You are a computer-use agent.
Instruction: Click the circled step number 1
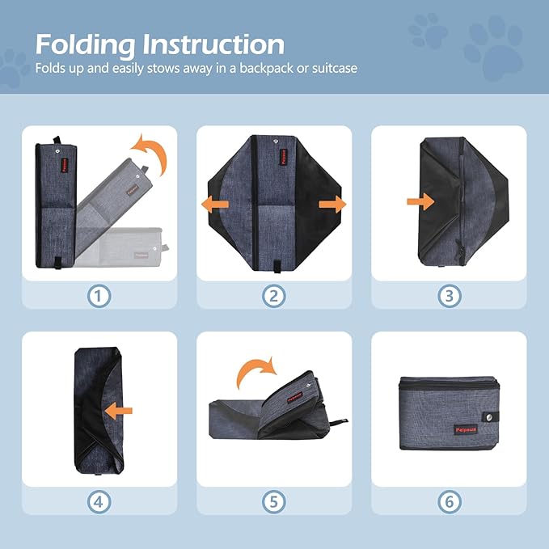[x=98, y=296]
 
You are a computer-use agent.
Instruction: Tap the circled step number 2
[x=274, y=296]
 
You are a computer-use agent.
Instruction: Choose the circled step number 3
[x=450, y=296]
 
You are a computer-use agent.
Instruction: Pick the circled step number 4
[x=98, y=502]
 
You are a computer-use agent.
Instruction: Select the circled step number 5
[x=274, y=502]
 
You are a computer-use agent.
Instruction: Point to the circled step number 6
[x=450, y=502]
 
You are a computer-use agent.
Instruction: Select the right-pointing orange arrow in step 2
[x=332, y=205]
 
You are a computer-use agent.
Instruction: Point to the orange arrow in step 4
[x=119, y=410]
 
